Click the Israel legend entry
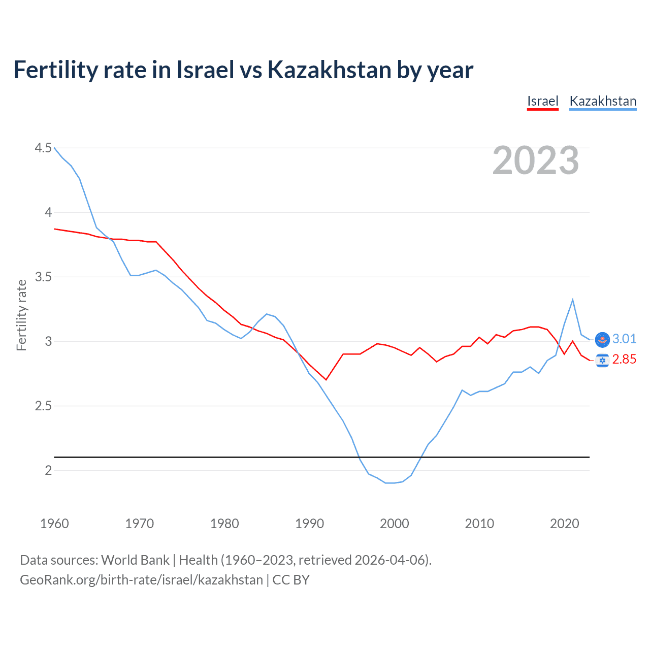(542, 101)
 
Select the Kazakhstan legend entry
(603, 101)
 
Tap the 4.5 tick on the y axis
(43, 148)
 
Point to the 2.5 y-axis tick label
(43, 406)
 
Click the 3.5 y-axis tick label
(43, 277)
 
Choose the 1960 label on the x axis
(54, 524)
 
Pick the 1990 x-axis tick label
(309, 524)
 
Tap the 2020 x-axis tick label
(564, 524)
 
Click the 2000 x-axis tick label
(394, 524)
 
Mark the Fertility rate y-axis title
(21, 315)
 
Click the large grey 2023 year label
(536, 160)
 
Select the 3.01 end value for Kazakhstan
(624, 339)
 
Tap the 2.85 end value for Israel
(624, 360)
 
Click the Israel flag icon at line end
(602, 361)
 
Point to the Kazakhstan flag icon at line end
(602, 339)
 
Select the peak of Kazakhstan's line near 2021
(573, 300)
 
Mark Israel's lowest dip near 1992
(326, 380)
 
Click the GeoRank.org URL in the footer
(141, 580)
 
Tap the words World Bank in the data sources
(135, 560)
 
